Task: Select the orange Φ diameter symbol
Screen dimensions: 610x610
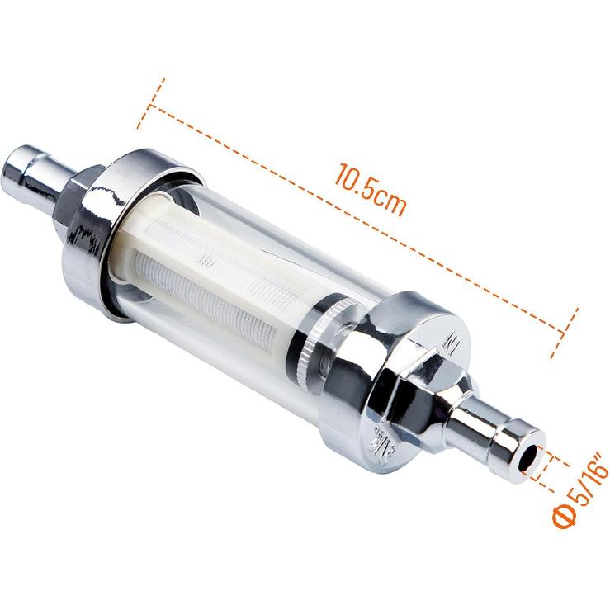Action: [562, 517]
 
